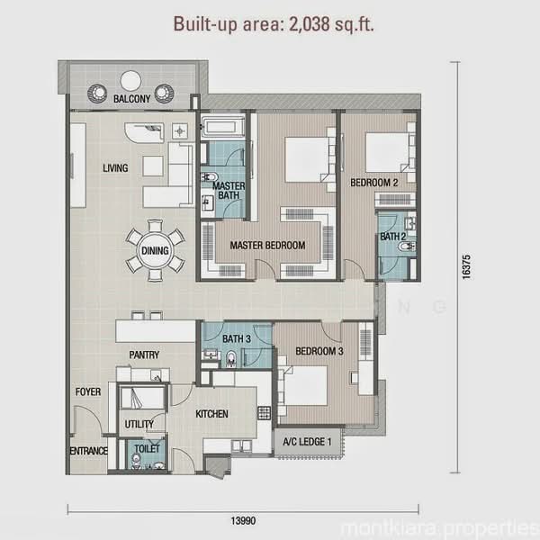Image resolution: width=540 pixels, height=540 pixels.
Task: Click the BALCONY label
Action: coord(132,99)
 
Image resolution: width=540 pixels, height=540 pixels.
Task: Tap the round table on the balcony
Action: coord(130,81)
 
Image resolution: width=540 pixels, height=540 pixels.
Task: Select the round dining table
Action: coord(155,250)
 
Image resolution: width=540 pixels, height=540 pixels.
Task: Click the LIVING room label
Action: coord(115,168)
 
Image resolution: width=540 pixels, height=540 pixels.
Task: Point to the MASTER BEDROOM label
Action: coord(267,245)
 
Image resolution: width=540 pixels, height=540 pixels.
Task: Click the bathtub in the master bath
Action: coord(222,127)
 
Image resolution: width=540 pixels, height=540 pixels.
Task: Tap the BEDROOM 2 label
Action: coord(374,183)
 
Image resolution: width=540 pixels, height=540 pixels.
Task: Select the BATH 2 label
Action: coord(393,237)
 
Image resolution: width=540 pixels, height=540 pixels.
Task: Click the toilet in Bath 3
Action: coord(231,358)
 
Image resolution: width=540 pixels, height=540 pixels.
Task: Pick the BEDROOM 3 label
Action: coord(319,351)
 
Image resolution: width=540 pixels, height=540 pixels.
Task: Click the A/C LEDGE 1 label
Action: coord(307,442)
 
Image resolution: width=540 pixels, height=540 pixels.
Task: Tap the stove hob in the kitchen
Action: coord(264,413)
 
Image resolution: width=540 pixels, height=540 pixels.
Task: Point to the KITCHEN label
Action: coord(211,414)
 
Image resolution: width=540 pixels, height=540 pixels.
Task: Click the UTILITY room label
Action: coord(139,424)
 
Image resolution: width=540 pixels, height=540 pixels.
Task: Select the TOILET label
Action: coord(147,448)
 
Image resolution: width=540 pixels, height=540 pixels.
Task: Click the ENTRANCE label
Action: coord(88,451)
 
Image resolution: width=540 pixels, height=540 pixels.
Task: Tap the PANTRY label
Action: coord(144,355)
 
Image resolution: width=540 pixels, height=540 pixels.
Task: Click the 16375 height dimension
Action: coord(466,267)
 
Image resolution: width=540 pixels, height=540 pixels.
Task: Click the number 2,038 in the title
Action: coord(310,24)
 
